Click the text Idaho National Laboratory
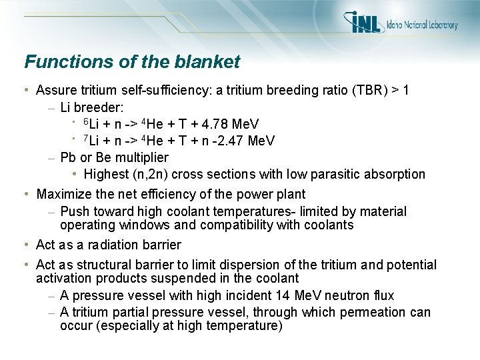422,25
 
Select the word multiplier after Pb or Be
141,157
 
